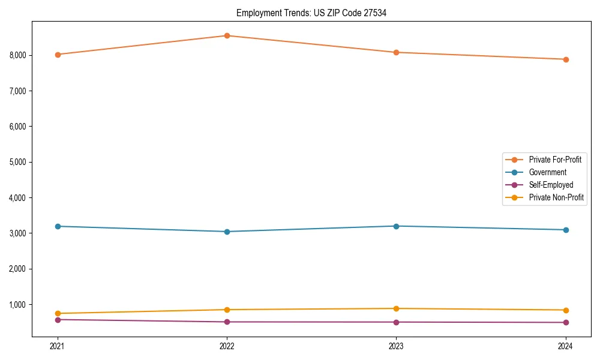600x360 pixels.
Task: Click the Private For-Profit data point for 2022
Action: [x=227, y=35]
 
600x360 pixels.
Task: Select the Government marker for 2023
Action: [x=396, y=226]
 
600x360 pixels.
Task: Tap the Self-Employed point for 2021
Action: [x=58, y=320]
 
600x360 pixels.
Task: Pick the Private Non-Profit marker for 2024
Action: [x=566, y=310]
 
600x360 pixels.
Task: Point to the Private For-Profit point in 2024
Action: [x=566, y=59]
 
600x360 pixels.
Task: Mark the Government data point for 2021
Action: [x=58, y=226]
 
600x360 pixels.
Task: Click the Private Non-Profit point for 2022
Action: [x=227, y=310]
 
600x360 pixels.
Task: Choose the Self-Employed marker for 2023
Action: [x=396, y=322]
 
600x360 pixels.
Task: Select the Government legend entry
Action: [x=547, y=172]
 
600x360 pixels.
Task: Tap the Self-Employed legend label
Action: [x=551, y=185]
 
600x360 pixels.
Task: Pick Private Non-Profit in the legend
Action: [x=556, y=197]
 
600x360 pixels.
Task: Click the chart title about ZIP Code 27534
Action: [x=311, y=13]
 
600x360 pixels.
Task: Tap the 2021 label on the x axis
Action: [x=58, y=346]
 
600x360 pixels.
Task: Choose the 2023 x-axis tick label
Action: [x=396, y=346]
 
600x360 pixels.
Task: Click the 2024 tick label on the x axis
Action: [x=566, y=346]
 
